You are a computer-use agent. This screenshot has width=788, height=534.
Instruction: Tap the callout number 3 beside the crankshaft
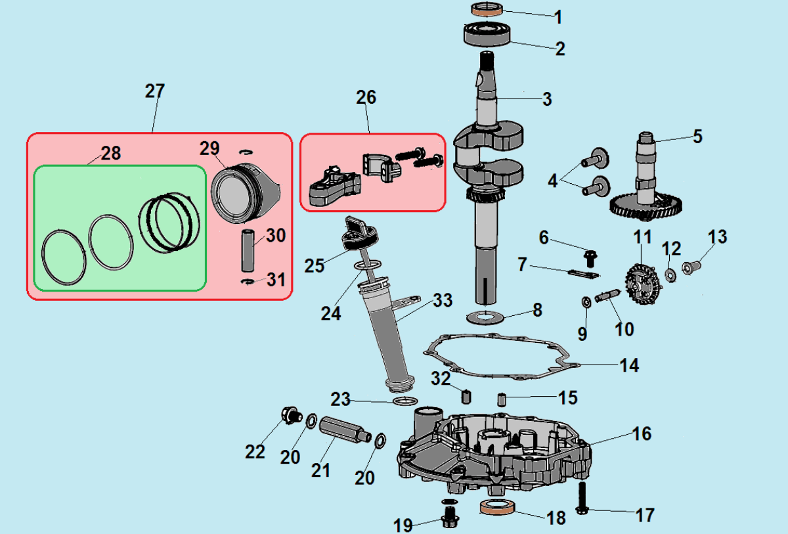[x=546, y=100]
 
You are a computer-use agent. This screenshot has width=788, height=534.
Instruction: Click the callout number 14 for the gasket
[x=629, y=365]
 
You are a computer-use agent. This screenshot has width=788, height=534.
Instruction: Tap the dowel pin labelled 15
[x=502, y=398]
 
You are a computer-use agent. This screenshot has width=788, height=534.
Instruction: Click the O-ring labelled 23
[x=405, y=401]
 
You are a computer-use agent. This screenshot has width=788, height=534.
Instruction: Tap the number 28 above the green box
[x=111, y=153]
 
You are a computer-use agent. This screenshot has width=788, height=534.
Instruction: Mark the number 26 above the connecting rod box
[x=366, y=97]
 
